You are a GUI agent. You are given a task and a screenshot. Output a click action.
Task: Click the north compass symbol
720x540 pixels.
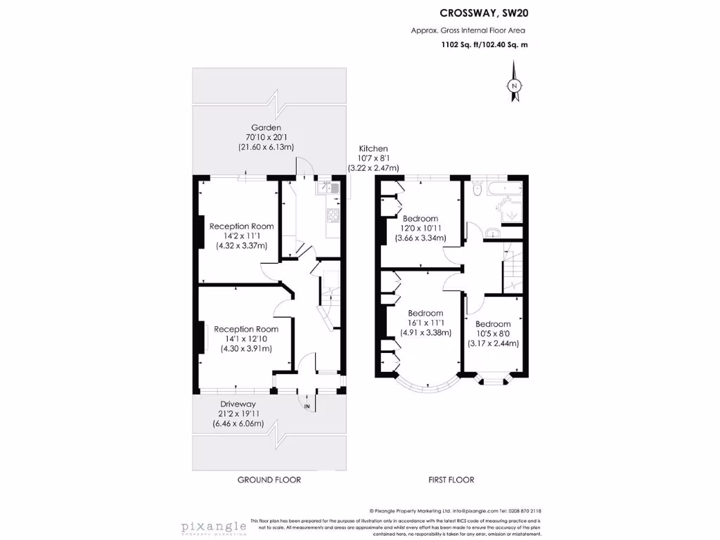point(514,85)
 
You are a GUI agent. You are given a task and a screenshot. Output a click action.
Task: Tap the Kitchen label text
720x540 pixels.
point(373,149)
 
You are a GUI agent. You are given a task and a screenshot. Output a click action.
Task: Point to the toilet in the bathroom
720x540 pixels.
point(478,188)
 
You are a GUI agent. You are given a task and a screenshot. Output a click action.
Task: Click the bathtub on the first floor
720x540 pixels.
point(504,188)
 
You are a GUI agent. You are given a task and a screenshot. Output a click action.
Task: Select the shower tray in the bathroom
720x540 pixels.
point(508,210)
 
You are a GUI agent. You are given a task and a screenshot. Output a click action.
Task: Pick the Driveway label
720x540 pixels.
point(238,404)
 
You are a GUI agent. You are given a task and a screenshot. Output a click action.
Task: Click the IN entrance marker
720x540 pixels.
point(307,406)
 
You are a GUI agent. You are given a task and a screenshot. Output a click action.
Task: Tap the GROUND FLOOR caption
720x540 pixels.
point(269,480)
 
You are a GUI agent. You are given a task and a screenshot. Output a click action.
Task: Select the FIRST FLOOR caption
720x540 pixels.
point(451,480)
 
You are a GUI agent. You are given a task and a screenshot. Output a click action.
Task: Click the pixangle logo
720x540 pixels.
point(213,527)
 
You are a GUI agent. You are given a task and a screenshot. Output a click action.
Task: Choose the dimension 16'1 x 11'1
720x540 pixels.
point(425,323)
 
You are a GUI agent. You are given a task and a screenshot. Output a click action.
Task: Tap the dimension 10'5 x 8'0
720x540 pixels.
point(493,333)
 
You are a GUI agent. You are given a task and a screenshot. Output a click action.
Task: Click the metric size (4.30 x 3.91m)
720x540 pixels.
point(246,348)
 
